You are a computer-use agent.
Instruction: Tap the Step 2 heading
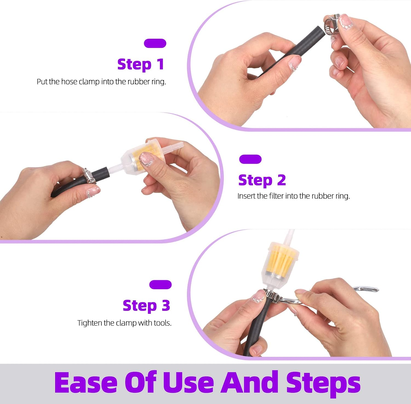[262, 181]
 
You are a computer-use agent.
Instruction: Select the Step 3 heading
[146, 306]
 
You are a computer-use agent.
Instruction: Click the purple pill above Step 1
[155, 43]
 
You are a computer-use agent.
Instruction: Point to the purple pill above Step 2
[250, 159]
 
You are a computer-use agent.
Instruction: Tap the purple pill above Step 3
[160, 284]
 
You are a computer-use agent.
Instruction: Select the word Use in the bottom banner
[189, 383]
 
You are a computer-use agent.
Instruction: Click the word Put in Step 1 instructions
[42, 82]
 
